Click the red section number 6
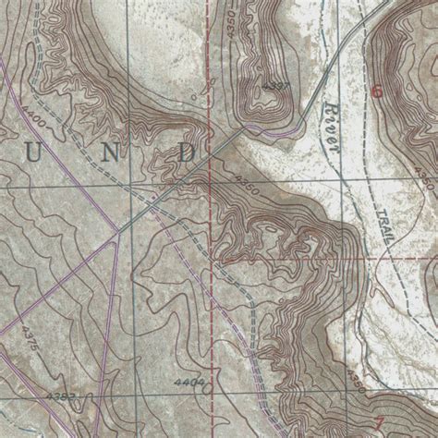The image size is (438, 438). [x=376, y=91]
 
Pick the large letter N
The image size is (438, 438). [x=112, y=154]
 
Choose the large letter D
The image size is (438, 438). [x=188, y=152]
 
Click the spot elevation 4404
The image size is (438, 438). [x=187, y=380]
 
